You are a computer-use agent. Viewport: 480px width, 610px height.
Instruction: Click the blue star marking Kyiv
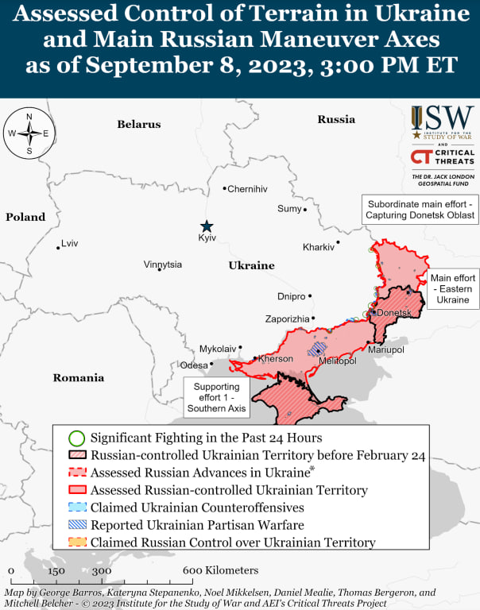207,226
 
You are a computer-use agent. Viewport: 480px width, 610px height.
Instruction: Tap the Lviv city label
70,243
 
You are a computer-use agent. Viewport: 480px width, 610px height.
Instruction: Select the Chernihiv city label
247,189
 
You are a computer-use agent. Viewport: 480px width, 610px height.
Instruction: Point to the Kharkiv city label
318,247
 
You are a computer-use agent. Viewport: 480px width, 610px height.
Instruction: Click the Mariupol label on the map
386,349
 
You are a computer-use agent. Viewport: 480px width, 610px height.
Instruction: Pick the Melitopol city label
337,361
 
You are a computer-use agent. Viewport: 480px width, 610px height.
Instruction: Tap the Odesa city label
194,365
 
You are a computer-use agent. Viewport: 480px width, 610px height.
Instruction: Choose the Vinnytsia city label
163,264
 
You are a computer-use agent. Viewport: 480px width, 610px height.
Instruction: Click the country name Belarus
139,124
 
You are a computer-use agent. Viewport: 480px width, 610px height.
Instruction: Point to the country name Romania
79,378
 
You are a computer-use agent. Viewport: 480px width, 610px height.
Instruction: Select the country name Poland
25,217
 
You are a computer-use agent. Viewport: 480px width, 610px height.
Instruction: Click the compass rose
29,133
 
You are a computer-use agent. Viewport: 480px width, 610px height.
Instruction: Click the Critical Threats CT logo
443,157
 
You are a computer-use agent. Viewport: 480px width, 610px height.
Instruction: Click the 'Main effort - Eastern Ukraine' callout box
452,289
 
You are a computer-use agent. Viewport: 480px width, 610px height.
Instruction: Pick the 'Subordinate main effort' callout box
420,210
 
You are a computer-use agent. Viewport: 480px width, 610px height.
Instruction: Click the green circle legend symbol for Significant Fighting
76,438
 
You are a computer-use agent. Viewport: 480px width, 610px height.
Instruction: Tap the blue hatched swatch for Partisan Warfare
76,525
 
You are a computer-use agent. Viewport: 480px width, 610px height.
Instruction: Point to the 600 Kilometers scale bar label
221,571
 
